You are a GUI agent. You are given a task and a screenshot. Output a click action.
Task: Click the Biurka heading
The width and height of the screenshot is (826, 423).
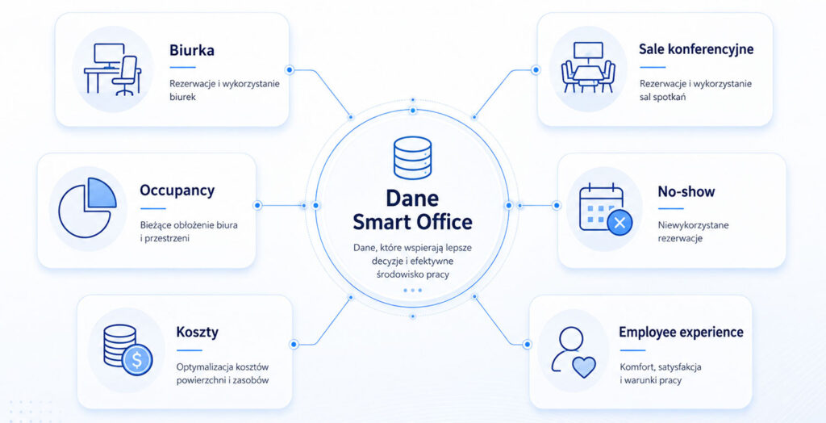point(192,51)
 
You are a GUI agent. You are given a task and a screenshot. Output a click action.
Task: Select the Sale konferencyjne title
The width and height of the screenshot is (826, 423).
point(696,49)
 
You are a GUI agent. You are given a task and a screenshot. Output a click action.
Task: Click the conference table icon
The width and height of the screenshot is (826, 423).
point(588,68)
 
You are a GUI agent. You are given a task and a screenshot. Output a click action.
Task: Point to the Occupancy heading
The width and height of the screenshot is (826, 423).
point(177,191)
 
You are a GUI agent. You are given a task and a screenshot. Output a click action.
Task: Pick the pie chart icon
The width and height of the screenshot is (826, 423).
point(87,207)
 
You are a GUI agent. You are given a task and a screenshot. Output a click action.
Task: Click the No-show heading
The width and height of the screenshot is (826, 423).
point(686,191)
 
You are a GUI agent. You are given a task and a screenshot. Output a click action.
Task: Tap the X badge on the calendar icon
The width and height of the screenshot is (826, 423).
point(619,222)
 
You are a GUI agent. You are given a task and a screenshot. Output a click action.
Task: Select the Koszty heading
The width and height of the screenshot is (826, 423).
point(197,333)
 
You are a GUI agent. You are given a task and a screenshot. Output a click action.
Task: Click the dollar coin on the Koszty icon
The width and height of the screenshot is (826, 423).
point(137,360)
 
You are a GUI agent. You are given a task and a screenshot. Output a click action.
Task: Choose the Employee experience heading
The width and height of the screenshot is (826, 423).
point(681,333)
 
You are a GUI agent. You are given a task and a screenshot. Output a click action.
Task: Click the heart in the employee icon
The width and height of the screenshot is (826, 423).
point(584,366)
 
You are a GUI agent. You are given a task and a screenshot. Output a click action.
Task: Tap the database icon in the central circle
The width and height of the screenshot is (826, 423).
point(412,157)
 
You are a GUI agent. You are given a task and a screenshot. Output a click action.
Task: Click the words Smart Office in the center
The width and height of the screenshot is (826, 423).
point(412,222)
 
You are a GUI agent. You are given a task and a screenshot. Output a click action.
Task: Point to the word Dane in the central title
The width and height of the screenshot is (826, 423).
point(412,199)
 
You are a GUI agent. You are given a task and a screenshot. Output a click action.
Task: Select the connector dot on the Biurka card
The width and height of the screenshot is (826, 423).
point(290,69)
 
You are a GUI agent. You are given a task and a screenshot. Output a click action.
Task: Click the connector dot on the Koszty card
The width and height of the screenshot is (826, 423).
point(294,345)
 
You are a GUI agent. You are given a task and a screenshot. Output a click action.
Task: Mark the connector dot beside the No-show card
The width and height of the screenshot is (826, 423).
point(557,205)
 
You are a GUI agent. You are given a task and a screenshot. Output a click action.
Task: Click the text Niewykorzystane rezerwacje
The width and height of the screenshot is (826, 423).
point(686,232)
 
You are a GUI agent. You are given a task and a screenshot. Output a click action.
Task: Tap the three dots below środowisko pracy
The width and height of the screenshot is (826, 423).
point(412,290)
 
